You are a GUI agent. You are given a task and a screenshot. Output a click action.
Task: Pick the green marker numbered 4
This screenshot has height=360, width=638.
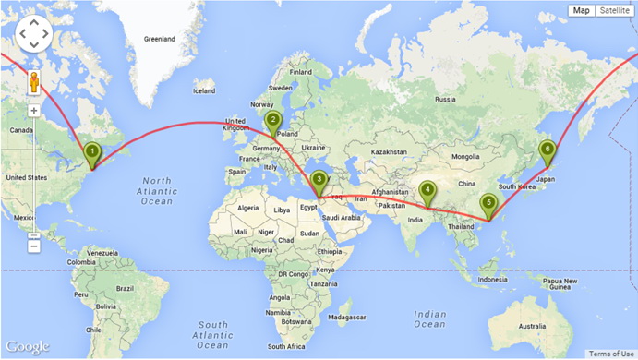(427, 191)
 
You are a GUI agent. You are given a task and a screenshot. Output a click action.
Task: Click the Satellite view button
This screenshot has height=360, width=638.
(614, 11)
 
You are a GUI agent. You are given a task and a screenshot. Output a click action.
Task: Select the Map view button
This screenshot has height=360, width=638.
(581, 11)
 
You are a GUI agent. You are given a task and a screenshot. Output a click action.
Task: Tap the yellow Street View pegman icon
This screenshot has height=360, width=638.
(34, 84)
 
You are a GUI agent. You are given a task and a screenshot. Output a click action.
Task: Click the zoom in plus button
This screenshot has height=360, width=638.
(34, 111)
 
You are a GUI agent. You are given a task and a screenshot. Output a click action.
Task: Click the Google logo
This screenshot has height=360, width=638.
(27, 346)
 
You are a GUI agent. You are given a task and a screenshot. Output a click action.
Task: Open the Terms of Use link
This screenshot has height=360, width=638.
(611, 354)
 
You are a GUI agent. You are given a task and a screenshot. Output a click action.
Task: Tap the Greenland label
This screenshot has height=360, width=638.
(159, 40)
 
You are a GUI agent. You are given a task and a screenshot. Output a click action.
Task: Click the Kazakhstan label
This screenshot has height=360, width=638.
(390, 151)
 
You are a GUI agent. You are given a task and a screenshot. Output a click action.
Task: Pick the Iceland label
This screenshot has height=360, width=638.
(203, 90)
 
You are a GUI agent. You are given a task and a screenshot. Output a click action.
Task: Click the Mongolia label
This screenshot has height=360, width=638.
(464, 156)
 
